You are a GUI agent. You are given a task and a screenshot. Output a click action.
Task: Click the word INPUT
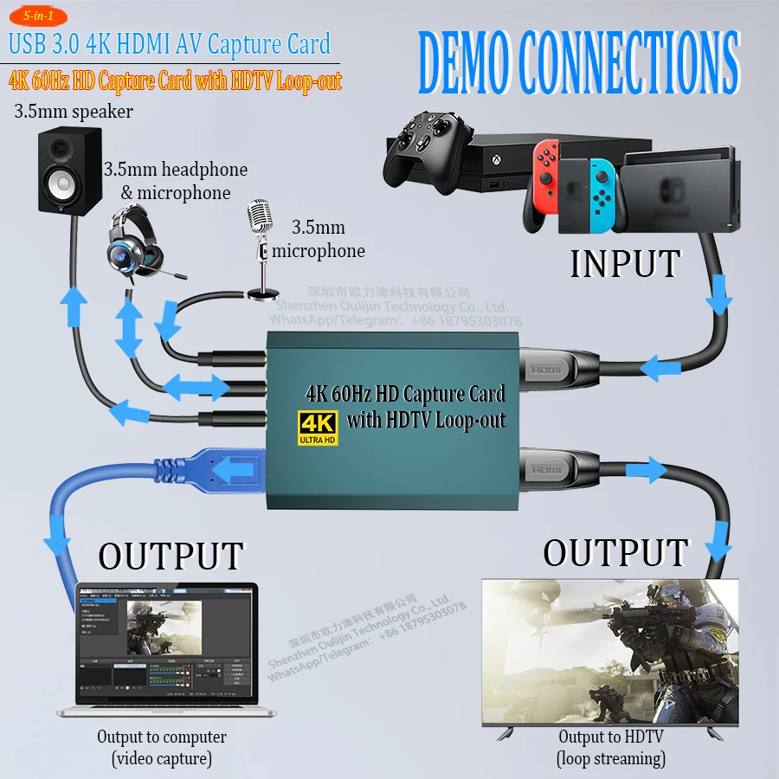[624, 263]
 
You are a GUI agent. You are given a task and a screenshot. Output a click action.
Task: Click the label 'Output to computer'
[162, 737]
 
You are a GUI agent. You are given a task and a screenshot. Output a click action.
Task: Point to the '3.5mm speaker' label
[74, 112]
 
